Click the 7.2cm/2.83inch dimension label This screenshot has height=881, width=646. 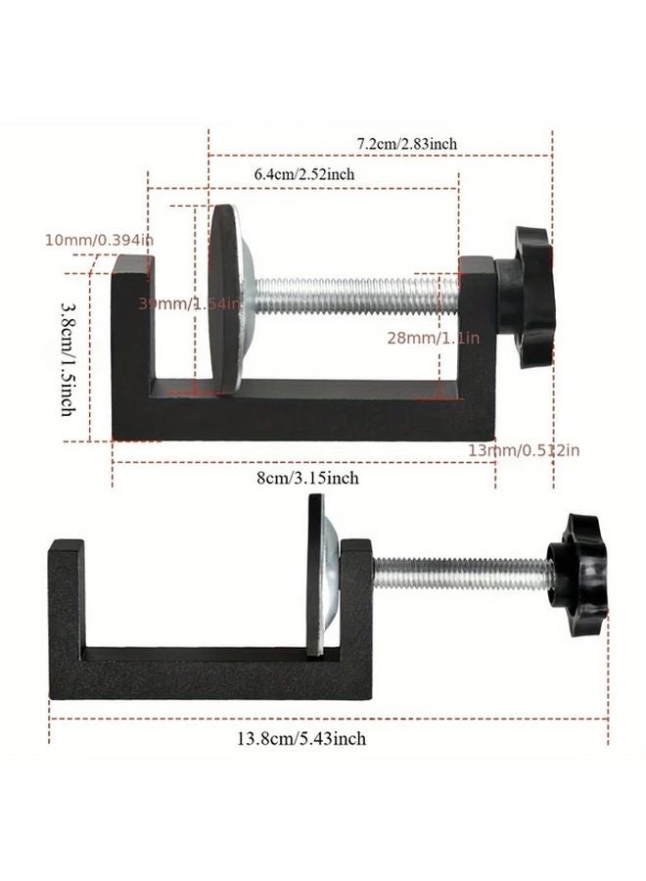tap(406, 144)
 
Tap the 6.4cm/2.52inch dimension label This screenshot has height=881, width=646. tap(303, 173)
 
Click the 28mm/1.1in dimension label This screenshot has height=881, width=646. tap(432, 338)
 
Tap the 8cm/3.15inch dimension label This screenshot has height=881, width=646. tap(309, 478)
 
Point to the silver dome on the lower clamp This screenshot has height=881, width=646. tap(333, 573)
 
